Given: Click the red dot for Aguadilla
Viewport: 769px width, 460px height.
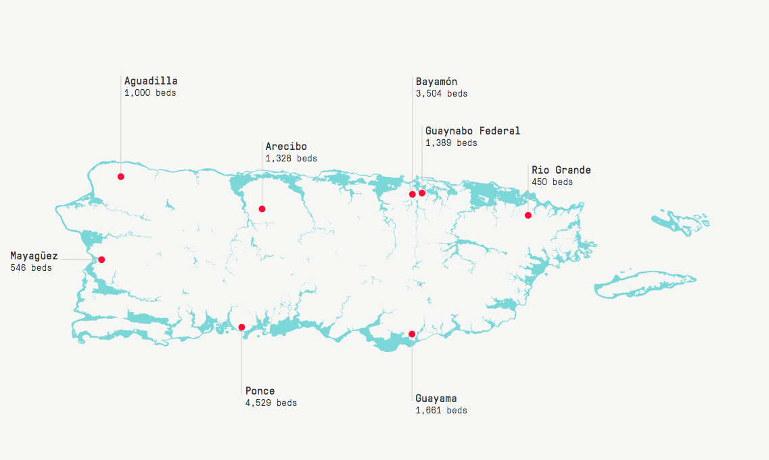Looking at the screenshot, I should coord(120,176).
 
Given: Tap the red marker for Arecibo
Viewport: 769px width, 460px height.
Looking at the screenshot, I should coord(262,209).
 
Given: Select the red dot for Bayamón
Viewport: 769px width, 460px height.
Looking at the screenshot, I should coord(413,195).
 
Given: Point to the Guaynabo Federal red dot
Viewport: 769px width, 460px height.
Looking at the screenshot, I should coord(422,193).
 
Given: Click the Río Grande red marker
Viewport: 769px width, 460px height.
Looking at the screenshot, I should coord(528,215).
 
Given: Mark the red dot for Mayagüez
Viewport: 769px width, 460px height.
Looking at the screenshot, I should coord(101,259).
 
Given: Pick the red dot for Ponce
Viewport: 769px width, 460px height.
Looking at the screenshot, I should coord(241,328).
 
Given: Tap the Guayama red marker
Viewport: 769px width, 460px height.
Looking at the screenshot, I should coord(412,334).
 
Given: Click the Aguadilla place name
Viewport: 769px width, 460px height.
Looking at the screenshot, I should coord(151,81).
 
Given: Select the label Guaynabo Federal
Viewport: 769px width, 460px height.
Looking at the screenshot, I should coord(473,131).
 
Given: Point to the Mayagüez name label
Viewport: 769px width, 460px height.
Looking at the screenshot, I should coord(34,256).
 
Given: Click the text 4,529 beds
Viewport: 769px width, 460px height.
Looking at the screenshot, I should coord(271,403).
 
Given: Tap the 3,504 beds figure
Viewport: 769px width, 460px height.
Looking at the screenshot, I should coord(441,94).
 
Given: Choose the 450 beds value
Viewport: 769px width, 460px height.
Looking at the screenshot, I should coord(552,182).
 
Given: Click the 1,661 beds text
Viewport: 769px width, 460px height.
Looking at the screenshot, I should coord(441,411).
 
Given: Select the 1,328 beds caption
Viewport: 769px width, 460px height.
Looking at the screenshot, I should coord(291,159).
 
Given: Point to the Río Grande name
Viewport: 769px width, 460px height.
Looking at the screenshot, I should coord(561,170).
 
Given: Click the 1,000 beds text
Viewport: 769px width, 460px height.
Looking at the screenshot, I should coord(149,93).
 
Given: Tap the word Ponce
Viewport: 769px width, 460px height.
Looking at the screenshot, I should coord(260,391).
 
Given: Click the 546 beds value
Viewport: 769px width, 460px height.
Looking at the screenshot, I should coord(31,268).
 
